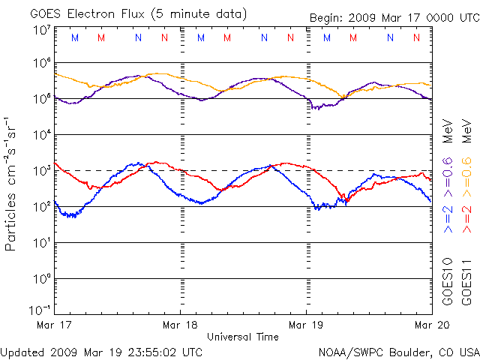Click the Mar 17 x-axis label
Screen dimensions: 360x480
[x=54, y=325]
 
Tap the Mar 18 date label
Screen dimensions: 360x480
[x=181, y=325]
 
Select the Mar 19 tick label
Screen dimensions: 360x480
[x=307, y=325]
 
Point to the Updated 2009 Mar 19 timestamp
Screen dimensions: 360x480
[x=102, y=351]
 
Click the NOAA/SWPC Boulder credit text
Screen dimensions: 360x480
[x=398, y=351]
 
